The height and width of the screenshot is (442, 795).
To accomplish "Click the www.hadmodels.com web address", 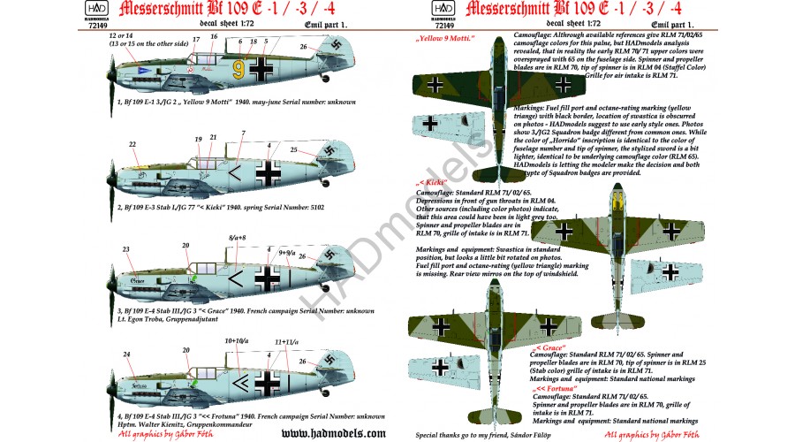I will point(324,433).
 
